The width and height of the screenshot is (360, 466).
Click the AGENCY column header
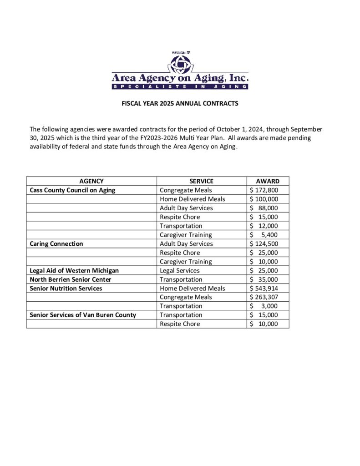pos(91,181)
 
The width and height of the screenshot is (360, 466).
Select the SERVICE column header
pos(201,181)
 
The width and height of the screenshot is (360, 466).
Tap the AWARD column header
pos(268,181)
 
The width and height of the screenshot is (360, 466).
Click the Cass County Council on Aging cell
pos(72,190)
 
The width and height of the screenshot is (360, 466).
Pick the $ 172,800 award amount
pos(264,190)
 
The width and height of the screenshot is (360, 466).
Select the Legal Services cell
pos(180,270)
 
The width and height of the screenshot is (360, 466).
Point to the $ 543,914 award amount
pos(264,288)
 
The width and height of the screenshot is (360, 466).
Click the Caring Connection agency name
pos(56,243)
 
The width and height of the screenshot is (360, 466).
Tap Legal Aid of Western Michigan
pos(74,270)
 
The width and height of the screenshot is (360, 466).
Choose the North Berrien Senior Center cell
pos(70,279)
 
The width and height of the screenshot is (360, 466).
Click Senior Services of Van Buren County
pos(83,315)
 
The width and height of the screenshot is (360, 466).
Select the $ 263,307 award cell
pos(264,297)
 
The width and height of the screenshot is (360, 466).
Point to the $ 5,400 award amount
pos(264,235)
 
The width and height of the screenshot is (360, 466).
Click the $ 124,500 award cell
pos(264,243)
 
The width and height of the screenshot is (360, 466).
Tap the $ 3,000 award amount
pos(264,306)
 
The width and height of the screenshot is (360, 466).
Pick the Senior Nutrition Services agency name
pos(66,288)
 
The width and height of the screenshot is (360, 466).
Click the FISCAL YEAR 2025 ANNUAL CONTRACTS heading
pos(180,104)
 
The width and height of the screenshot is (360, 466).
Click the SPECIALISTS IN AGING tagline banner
pos(180,86)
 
